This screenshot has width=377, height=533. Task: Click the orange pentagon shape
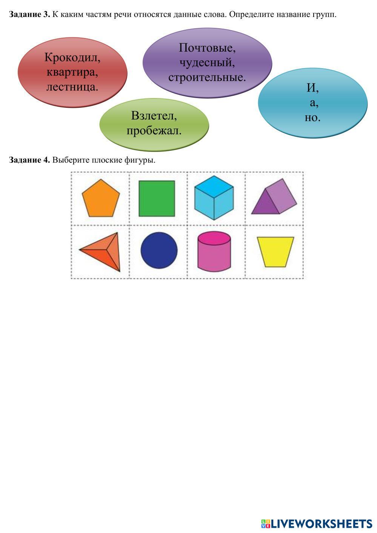tap(101, 199)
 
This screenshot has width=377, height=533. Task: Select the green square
tap(157, 199)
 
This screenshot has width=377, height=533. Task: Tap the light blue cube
tap(214, 198)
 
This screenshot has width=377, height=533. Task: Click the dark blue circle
tap(159, 250)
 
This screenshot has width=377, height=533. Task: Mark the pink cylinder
tap(214, 251)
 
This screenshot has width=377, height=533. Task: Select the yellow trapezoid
tap(275, 252)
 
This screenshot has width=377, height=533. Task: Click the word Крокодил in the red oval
tap(72, 57)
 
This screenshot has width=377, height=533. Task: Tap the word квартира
tap(72, 72)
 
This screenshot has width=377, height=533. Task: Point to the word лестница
tap(72, 87)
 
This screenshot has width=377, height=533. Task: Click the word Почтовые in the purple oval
tap(207, 48)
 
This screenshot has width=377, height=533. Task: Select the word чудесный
tap(207, 63)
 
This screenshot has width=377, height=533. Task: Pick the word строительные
tap(207, 78)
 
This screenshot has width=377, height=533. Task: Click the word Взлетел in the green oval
tap(154, 116)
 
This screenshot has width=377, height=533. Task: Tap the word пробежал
tap(154, 130)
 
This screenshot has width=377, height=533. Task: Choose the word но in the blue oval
tap(312, 118)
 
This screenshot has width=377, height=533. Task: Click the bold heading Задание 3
tap(29, 15)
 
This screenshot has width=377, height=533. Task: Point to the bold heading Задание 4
tap(29, 160)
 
